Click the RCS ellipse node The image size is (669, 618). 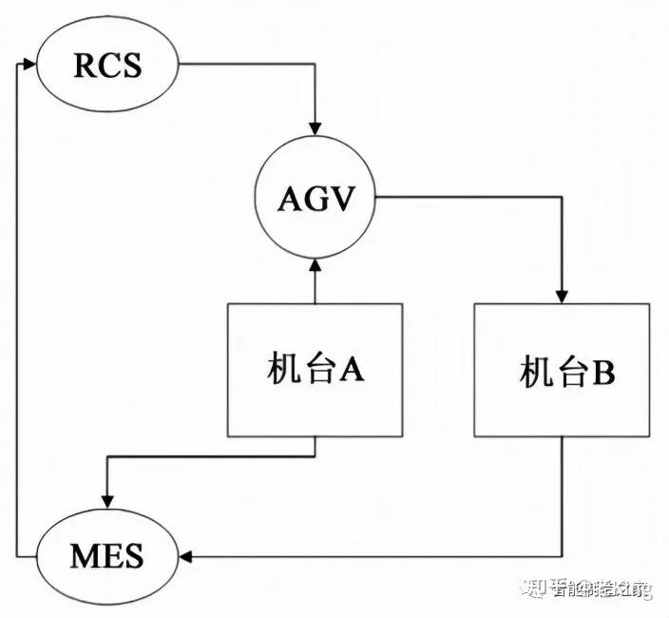(x=106, y=66)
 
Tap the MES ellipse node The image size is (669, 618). (x=106, y=553)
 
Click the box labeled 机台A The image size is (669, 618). (x=315, y=370)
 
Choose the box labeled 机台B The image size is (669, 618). (x=563, y=370)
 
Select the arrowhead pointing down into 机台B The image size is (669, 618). (x=563, y=296)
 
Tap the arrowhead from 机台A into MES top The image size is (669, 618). (x=106, y=505)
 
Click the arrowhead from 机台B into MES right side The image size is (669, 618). (x=185, y=553)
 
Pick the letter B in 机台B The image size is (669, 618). (x=603, y=372)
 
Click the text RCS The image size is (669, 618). (x=106, y=66)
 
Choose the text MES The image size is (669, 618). (x=106, y=553)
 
